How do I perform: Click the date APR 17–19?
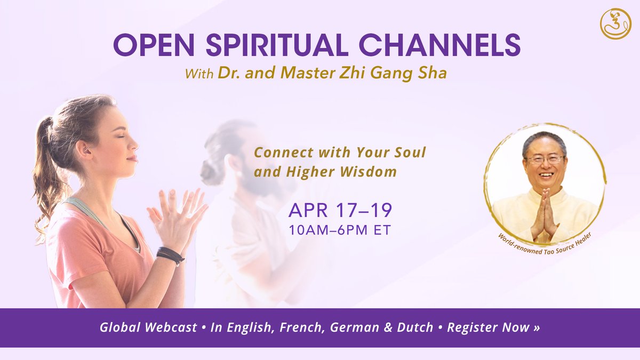(340, 210)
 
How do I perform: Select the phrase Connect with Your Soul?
(340, 153)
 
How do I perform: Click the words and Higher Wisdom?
(325, 172)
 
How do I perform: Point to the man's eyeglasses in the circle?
(545, 159)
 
